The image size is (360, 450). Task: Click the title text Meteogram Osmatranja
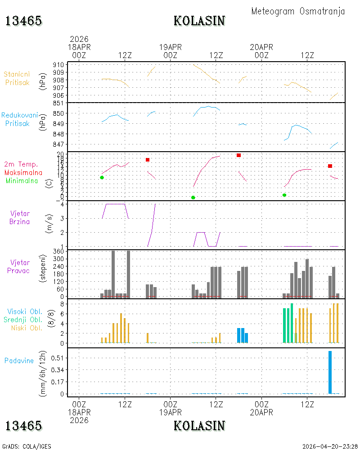[x=298, y=12]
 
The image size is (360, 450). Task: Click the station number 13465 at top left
[x=24, y=21]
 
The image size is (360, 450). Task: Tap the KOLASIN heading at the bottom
[x=199, y=426]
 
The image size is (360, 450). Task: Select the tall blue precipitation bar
[x=330, y=372]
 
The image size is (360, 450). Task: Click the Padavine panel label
[x=19, y=361]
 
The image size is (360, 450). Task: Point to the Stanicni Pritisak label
[x=17, y=78]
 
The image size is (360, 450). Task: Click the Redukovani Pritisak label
[x=19, y=119]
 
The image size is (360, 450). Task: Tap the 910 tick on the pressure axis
[x=58, y=65]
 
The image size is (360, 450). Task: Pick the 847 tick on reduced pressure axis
[x=58, y=144]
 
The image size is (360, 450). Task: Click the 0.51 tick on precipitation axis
[x=57, y=358]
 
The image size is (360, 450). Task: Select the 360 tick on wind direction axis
[x=58, y=252]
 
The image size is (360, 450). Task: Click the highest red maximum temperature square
[x=238, y=155]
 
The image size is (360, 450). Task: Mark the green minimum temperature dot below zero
[x=193, y=198]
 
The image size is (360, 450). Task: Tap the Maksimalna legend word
[x=23, y=173]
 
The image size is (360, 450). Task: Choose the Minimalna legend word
[x=22, y=181]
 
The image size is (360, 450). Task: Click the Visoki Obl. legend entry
[x=25, y=312]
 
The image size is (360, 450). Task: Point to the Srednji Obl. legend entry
[x=23, y=319]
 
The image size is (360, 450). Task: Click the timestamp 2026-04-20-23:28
[x=330, y=446]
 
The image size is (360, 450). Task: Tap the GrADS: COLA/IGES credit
[x=27, y=446]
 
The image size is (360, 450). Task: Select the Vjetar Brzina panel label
[x=19, y=217]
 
